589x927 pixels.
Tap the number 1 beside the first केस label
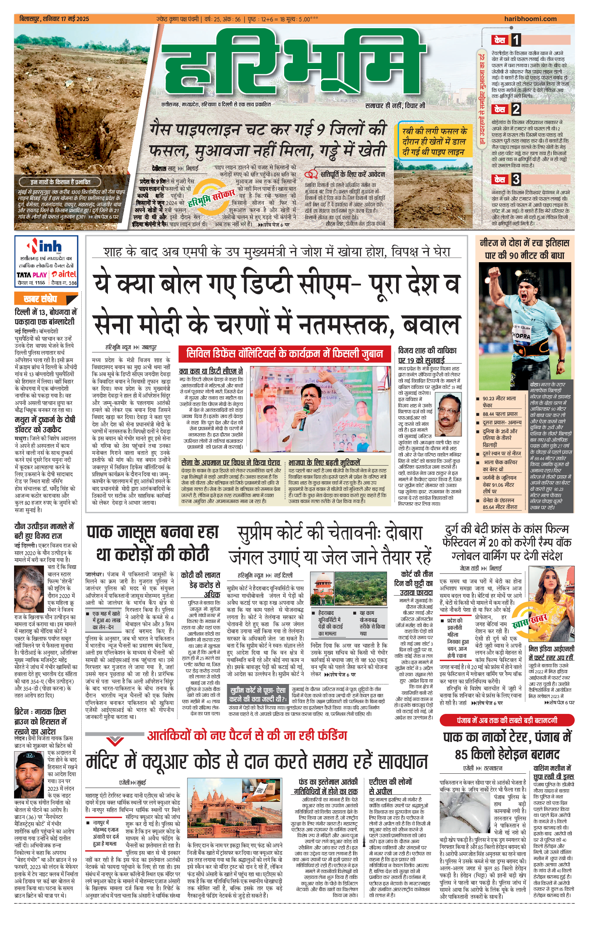[x=515, y=40]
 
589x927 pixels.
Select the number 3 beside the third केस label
[x=515, y=179]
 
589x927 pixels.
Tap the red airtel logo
[x=64, y=274]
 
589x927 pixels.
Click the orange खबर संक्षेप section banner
[x=40, y=299]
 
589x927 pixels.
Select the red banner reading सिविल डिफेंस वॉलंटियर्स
[x=284, y=354]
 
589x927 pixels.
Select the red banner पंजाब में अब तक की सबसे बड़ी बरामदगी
[x=507, y=720]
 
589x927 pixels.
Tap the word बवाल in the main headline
[x=432, y=325]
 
